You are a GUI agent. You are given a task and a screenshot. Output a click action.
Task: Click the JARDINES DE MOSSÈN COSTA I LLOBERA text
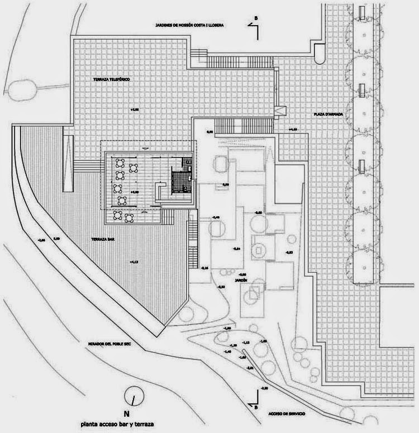point(184,26)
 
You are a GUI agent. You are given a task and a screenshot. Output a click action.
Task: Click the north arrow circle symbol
point(134,397)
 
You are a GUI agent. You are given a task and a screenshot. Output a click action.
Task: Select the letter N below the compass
point(127,415)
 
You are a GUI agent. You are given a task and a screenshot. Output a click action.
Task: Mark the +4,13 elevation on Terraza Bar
point(133,261)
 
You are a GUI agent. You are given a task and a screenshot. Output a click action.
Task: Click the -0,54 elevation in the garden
point(236,249)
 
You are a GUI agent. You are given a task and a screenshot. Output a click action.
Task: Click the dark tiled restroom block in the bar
point(179,181)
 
